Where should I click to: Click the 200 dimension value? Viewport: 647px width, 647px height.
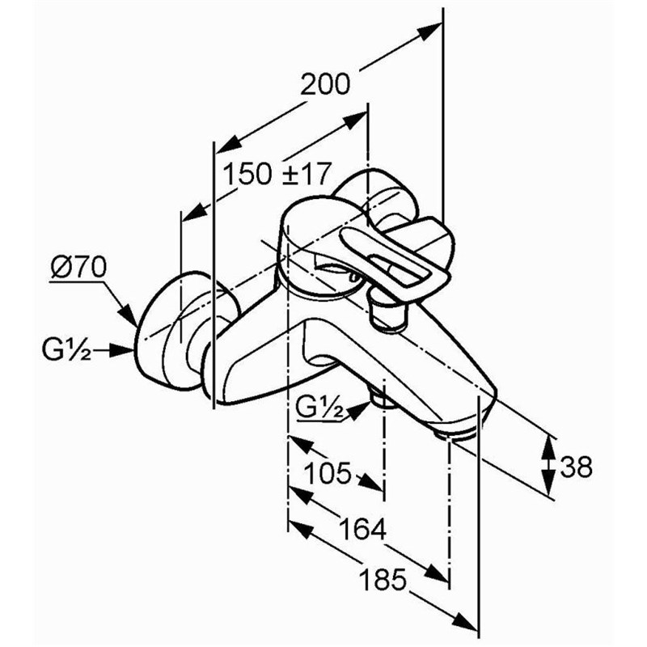tap(325, 84)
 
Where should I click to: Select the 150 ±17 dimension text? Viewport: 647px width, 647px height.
tap(277, 174)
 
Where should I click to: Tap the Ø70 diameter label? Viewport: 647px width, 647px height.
tap(78, 268)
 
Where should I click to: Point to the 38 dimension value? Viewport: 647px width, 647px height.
tap(576, 467)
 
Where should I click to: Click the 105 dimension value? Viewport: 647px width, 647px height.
tap(328, 472)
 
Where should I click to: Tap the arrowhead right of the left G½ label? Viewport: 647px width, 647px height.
tap(123, 350)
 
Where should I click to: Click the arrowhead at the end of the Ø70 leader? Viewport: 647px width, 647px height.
tap(129, 316)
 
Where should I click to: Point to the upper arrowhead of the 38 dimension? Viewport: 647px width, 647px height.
tap(548, 447)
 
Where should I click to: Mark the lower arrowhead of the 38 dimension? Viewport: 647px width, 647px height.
tap(548, 483)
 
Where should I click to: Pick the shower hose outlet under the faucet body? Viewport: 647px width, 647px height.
tap(382, 400)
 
